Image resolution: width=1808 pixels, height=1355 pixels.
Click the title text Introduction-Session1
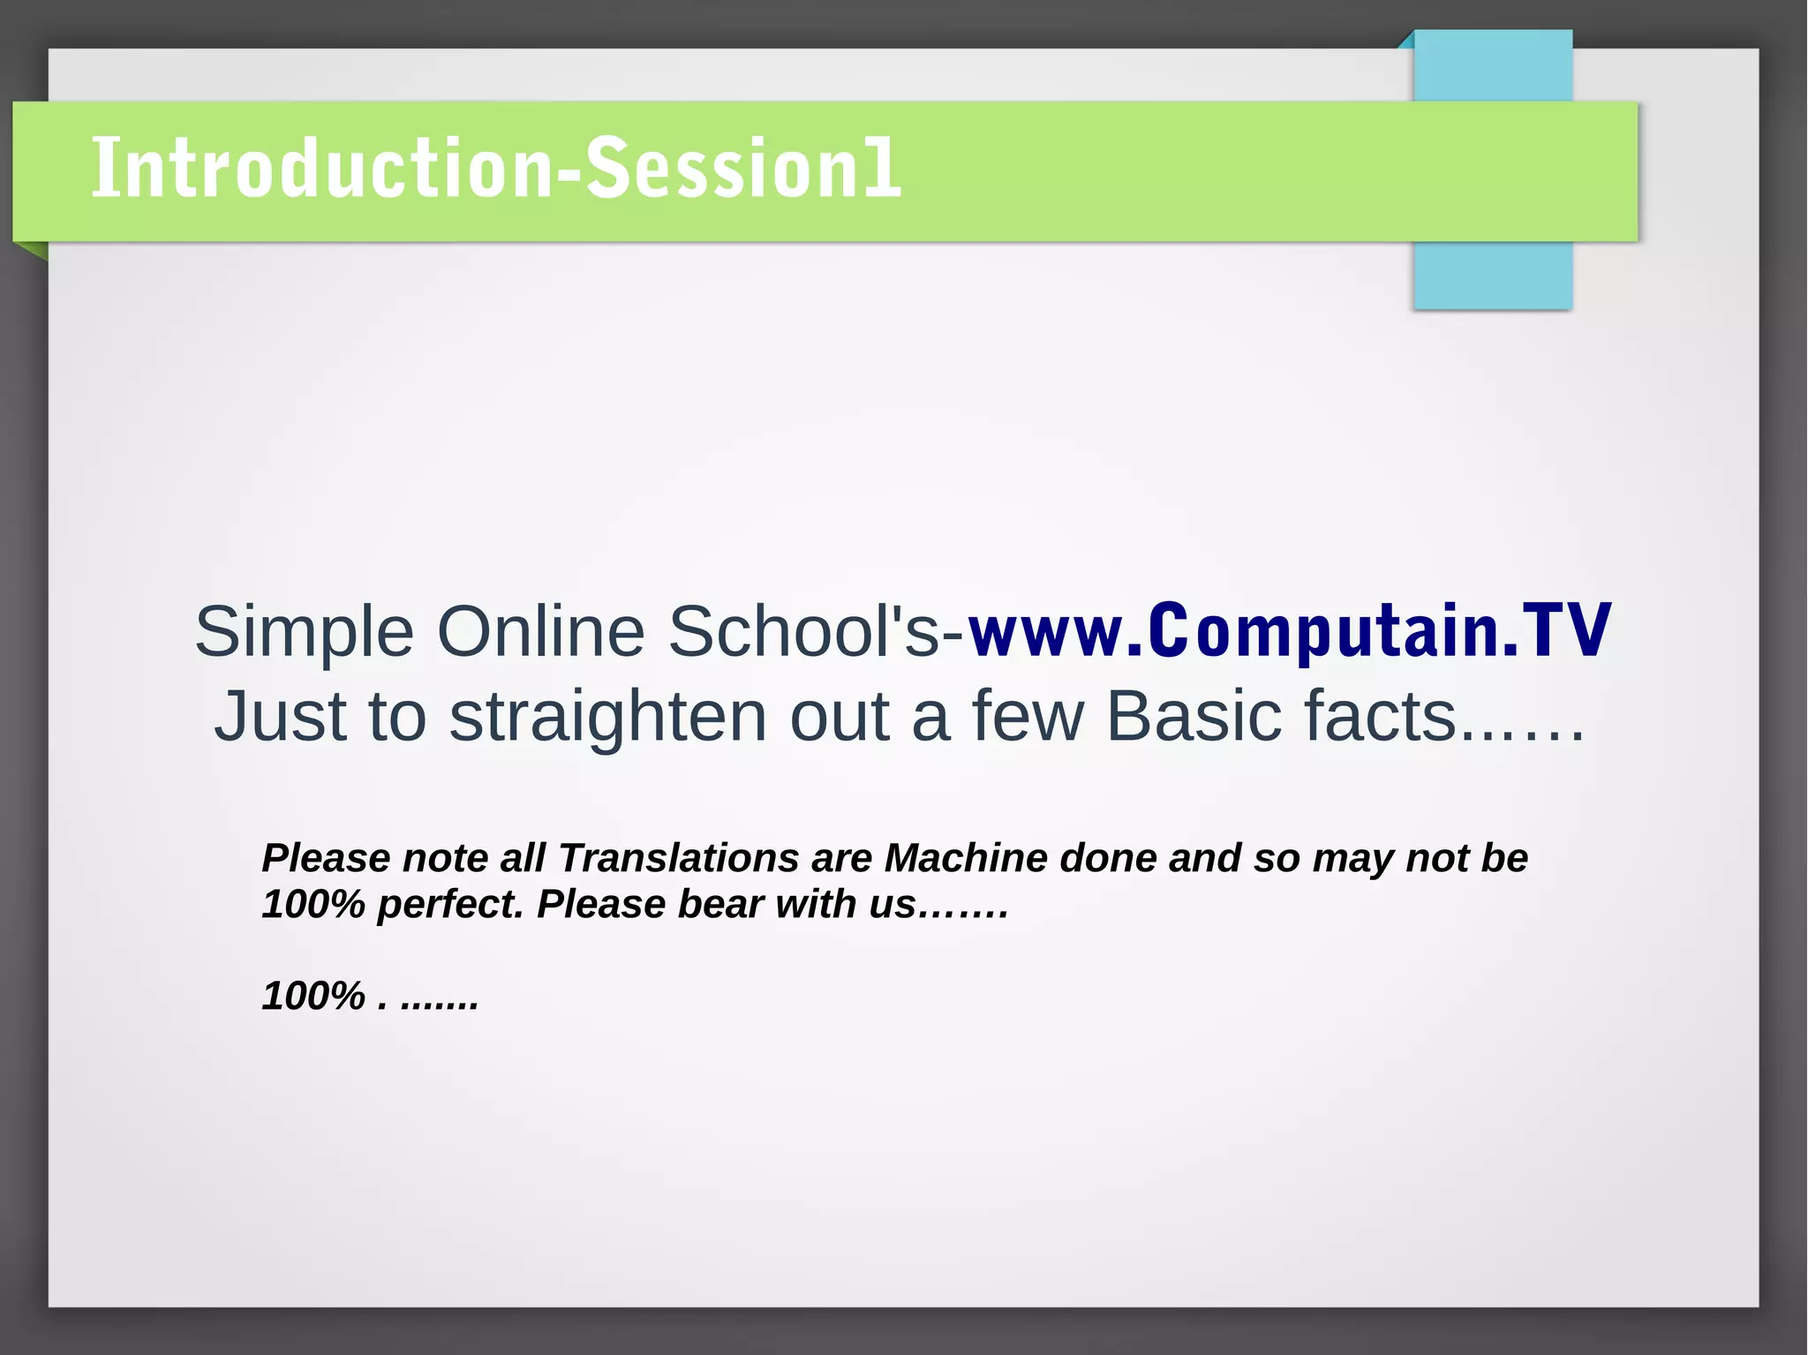click(x=496, y=168)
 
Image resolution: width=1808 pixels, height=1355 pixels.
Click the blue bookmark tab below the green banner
click(x=1492, y=275)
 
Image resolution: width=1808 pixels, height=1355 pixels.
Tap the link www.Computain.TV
click(x=1289, y=630)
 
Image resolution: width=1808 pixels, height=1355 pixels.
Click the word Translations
click(x=678, y=858)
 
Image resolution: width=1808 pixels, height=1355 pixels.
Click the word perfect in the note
click(x=450, y=905)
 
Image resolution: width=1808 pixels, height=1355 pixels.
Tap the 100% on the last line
click(x=313, y=996)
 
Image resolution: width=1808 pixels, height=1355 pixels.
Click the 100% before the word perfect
click(x=313, y=905)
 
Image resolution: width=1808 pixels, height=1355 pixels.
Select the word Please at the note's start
click(x=326, y=858)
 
